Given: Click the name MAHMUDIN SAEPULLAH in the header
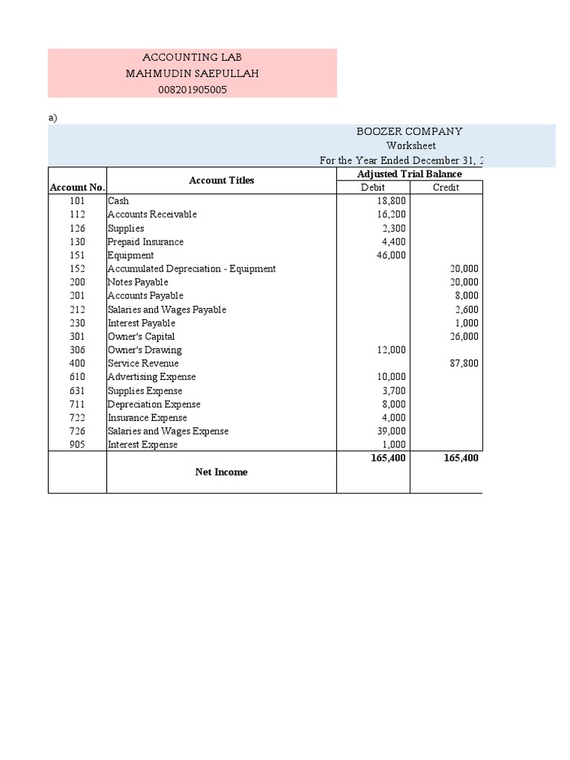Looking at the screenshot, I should point(191,73).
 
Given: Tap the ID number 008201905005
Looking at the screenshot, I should point(191,90).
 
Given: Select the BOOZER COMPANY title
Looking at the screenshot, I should point(410,131).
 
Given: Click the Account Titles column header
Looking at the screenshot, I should point(221,180).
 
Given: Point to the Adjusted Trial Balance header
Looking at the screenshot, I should point(410,174).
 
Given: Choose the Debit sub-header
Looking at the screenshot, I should point(373,188).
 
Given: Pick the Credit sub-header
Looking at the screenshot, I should point(445,188).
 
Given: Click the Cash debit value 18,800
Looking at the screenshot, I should point(391,201).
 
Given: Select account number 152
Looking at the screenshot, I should point(76,269).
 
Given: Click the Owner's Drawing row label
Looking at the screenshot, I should point(145,350).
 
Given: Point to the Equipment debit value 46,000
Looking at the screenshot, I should point(391,255).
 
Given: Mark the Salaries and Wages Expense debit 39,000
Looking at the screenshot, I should point(391,431).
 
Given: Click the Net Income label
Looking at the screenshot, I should point(221,472).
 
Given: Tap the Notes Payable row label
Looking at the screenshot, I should point(138,282).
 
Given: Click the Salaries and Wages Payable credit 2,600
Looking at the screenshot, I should point(467,309).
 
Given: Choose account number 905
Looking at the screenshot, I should point(76,445).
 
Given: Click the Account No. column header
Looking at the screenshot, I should point(77,188).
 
